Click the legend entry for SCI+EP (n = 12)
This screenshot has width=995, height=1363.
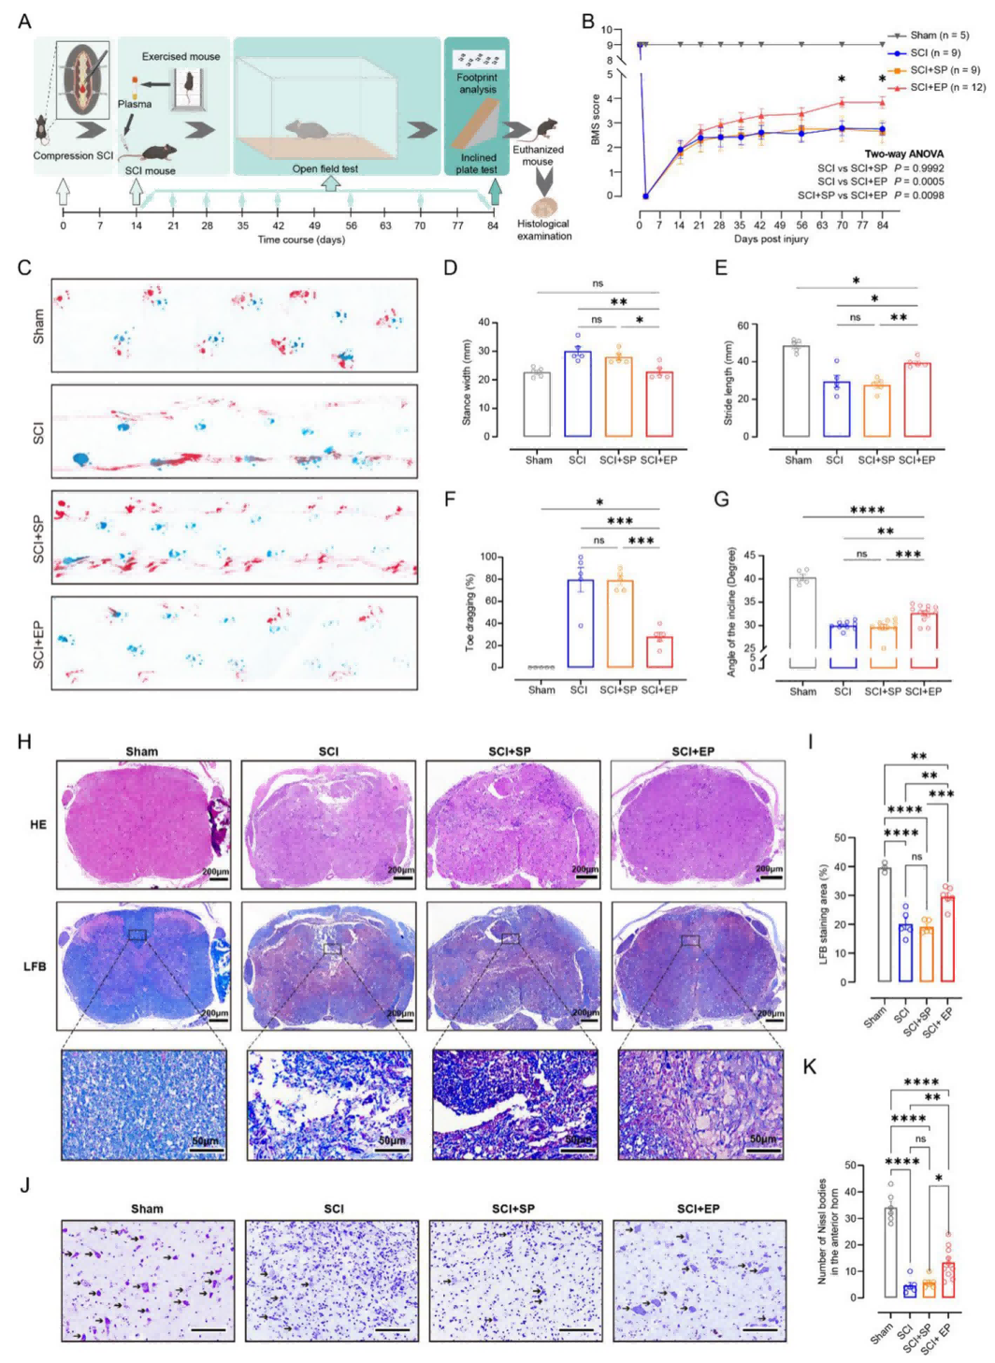pyautogui.click(x=946, y=87)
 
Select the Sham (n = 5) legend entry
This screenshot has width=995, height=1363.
pyautogui.click(x=939, y=36)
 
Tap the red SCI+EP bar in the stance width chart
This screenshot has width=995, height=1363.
pyautogui.click(x=658, y=404)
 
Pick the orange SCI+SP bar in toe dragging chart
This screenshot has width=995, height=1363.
pyautogui.click(x=619, y=624)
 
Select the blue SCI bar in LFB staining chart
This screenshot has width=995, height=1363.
pyautogui.click(x=904, y=952)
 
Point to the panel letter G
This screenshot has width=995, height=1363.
pyautogui.click(x=721, y=499)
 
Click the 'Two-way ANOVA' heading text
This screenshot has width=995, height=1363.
pyautogui.click(x=903, y=154)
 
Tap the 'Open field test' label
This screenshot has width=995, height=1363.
pyautogui.click(x=324, y=169)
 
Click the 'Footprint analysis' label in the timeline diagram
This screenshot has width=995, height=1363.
pyautogui.click(x=477, y=83)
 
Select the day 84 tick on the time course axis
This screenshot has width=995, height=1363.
pyautogui.click(x=493, y=225)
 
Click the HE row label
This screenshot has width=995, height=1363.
pyautogui.click(x=37, y=824)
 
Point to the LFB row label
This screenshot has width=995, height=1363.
pyautogui.click(x=35, y=965)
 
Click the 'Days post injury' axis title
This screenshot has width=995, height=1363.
pyautogui.click(x=771, y=239)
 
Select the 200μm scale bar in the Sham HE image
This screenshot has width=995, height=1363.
pyautogui.click(x=217, y=877)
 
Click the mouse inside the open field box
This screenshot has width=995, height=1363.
pyautogui.click(x=308, y=129)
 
